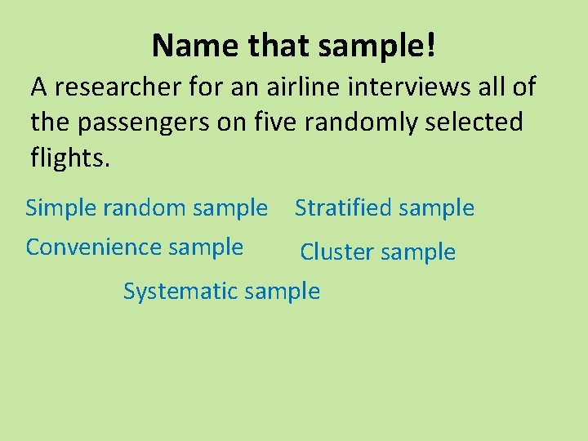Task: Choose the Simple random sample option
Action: (x=146, y=208)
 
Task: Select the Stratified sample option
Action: (x=384, y=208)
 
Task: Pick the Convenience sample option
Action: (x=135, y=247)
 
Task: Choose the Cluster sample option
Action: (x=377, y=252)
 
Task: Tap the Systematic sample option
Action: (x=221, y=291)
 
